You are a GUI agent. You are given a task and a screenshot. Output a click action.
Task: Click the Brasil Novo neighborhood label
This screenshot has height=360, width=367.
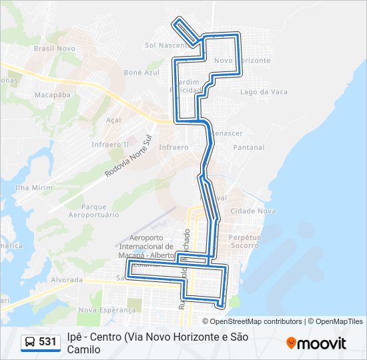(55, 49)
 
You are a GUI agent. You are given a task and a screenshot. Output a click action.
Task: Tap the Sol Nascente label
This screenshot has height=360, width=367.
(165, 45)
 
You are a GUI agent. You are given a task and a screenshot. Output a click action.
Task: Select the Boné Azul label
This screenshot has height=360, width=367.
(142, 72)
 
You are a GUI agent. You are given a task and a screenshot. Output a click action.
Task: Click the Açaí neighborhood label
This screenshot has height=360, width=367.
(113, 120)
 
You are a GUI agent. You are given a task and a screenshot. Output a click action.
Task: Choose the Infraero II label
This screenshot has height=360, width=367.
(111, 144)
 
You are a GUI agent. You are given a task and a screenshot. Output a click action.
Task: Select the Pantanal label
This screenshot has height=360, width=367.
(249, 147)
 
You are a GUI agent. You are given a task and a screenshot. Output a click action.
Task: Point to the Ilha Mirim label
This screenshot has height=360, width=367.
(33, 188)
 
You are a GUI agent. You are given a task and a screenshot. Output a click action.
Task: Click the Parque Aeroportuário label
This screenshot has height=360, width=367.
(99, 211)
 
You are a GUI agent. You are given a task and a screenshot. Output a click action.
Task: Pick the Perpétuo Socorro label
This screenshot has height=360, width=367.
(244, 241)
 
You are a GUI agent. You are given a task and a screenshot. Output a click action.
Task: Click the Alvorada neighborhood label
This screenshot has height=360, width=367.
(66, 280)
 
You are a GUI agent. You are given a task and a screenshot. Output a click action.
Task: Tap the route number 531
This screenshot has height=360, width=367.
(47, 342)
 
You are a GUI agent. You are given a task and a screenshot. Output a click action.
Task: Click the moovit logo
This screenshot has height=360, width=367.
(316, 343)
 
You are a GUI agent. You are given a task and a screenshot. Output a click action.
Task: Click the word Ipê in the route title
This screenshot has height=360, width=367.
(75, 337)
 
